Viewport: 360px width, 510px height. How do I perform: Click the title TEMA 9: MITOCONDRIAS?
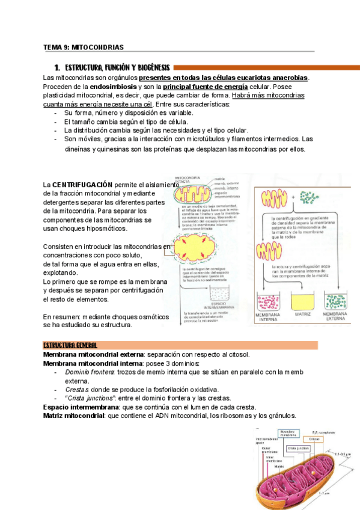coord(84,47)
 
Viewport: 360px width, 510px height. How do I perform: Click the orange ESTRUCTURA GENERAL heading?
coord(70,346)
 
